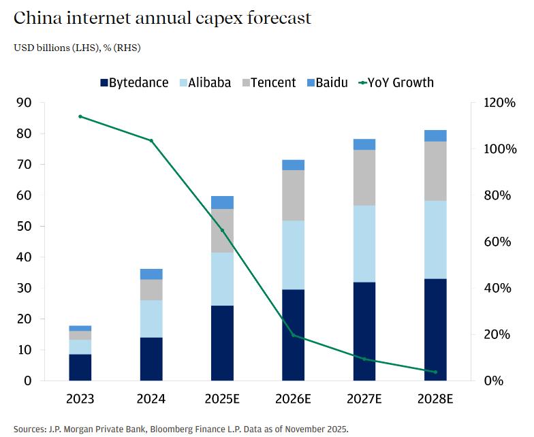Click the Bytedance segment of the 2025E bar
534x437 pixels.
coord(222,343)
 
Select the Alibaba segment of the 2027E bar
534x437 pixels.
coord(364,244)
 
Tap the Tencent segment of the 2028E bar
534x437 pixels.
coord(435,171)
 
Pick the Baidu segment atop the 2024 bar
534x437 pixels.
coord(151,274)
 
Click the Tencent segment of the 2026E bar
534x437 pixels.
coord(294,195)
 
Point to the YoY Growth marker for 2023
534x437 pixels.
coord(80,116)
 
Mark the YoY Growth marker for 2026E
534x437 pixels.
coord(294,336)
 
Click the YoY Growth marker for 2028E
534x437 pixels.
coord(435,372)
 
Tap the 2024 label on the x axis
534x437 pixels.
coord(151,399)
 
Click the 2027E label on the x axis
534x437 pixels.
coord(364,399)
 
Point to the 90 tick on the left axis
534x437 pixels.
coord(23,103)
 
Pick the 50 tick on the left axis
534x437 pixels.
coord(23,227)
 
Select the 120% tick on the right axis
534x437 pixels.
coord(501,103)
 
